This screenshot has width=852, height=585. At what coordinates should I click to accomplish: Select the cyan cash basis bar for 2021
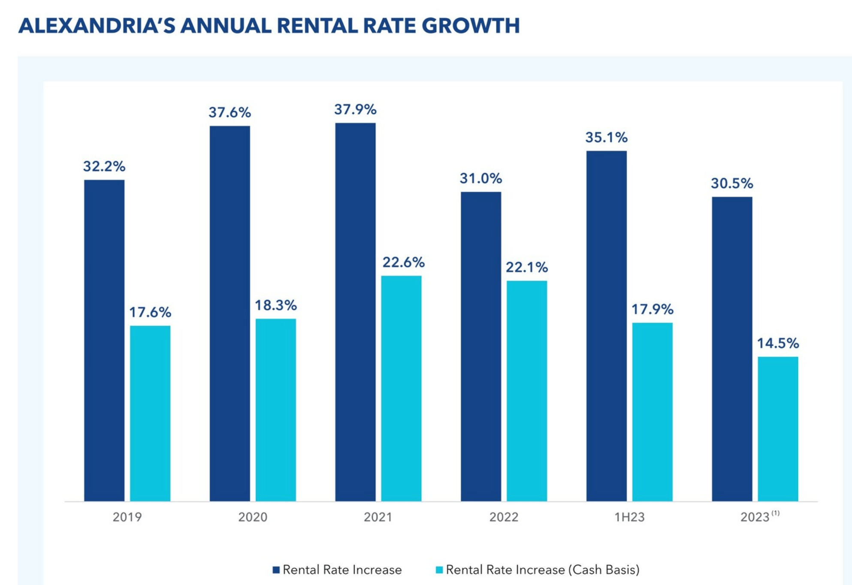401,388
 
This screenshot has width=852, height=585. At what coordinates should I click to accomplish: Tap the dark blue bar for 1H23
606,326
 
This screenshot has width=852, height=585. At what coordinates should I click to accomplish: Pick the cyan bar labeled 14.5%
777,428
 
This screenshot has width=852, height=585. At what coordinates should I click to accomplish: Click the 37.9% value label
355,110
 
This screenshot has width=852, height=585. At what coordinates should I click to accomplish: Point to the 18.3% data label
275,305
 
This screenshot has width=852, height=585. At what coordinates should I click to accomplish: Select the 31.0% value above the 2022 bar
480,178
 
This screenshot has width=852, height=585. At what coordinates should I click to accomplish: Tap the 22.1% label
526,268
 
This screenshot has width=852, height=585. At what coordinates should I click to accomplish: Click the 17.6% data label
150,312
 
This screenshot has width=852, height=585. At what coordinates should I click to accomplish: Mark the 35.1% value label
606,138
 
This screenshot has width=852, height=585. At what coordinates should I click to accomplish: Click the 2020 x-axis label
253,517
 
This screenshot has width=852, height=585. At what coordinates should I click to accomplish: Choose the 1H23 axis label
629,517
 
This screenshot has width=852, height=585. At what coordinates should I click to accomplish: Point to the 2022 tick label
504,517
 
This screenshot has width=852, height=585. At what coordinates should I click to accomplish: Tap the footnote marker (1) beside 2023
775,513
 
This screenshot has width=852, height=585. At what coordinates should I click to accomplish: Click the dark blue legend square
276,570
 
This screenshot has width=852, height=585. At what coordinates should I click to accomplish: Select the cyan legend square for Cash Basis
439,570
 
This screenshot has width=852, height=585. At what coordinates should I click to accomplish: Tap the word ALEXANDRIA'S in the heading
97,26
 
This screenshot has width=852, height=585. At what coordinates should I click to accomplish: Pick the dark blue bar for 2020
230,313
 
